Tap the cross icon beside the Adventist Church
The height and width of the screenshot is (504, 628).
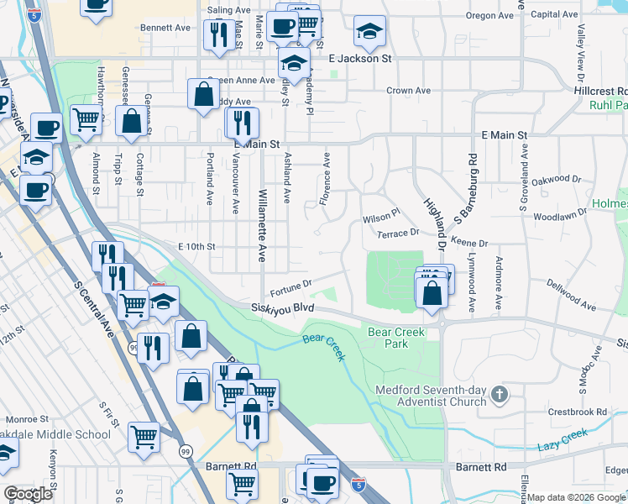pos(500,394)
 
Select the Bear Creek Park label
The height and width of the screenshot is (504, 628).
pos(396,338)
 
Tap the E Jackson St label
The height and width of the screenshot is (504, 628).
pos(361,59)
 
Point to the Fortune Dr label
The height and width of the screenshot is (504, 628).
pos(291,288)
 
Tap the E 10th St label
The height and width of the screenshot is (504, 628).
pos(197,246)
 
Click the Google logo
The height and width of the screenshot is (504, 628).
pos(29,494)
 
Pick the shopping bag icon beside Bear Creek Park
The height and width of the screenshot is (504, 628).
pos(432,294)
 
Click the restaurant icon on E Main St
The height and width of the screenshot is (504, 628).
pos(239,123)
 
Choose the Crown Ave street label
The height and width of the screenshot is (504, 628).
pos(409,91)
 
